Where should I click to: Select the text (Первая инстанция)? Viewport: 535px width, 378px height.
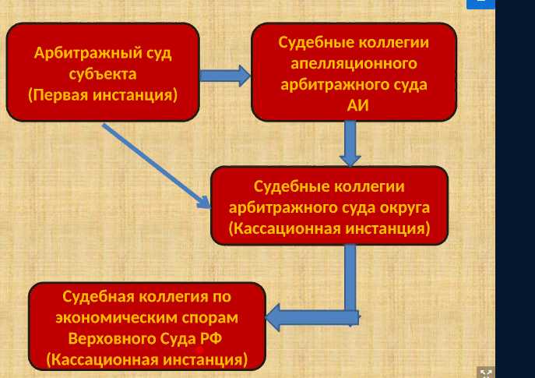[103, 95]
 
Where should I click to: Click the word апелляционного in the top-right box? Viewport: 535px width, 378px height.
[354, 63]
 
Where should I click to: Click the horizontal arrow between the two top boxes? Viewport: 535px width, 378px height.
[224, 76]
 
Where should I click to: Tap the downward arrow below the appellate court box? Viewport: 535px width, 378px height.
[350, 143]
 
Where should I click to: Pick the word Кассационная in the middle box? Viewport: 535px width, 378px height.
[283, 229]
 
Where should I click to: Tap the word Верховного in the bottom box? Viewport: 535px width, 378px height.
[116, 339]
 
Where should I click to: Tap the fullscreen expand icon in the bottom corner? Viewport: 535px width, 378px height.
[485, 373]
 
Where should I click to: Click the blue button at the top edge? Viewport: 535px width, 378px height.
[480, 3]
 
